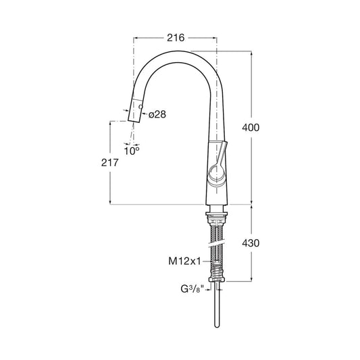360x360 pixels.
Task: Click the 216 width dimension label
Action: pyautogui.click(x=176, y=38)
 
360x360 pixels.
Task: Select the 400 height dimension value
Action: pyautogui.click(x=251, y=128)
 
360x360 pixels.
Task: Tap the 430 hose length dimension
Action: pyautogui.click(x=251, y=243)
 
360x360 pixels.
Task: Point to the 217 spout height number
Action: pyautogui.click(x=110, y=163)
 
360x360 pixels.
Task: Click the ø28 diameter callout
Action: pyautogui.click(x=157, y=114)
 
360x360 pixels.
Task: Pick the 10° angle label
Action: pyautogui.click(x=132, y=151)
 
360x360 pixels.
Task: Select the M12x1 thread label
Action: pyautogui.click(x=184, y=261)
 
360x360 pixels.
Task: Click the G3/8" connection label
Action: pyautogui.click(x=192, y=289)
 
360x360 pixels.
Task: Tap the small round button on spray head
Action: pyautogui.click(x=140, y=107)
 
